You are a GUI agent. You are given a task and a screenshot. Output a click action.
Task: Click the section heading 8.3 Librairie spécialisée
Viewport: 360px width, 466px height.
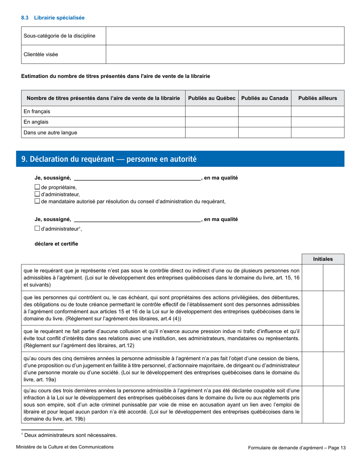pos(53,18)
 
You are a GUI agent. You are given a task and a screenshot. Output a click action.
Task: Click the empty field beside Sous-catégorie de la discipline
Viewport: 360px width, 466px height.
pos(225,36)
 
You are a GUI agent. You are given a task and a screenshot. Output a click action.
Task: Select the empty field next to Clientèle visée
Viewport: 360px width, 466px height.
pos(225,55)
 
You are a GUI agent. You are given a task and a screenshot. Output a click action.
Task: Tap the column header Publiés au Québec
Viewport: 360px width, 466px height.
pos(211,99)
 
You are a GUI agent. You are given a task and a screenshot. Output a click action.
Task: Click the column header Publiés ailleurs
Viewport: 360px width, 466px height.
pos(317,99)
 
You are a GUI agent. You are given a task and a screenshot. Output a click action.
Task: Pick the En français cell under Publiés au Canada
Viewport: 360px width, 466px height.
pos(264,112)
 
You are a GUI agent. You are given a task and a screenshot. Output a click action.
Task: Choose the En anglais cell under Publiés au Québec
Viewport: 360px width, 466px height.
pos(211,122)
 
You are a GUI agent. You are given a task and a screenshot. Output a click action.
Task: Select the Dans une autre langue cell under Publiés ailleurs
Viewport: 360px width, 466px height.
pos(317,133)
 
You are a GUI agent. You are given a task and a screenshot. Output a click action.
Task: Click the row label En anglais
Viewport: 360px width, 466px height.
pos(36,122)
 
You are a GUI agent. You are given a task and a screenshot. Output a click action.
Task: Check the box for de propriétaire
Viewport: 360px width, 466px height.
pos(37,187)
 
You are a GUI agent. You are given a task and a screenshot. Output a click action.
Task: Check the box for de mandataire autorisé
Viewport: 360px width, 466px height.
pos(37,201)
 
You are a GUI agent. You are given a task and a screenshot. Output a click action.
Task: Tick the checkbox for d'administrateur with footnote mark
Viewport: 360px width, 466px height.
pos(37,228)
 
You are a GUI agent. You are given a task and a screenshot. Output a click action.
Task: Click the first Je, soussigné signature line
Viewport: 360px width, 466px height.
pos(137,178)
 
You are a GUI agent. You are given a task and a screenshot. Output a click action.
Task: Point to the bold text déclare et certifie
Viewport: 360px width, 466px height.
pos(56,244)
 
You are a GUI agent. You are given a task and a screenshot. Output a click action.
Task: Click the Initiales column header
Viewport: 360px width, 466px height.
pos(322,259)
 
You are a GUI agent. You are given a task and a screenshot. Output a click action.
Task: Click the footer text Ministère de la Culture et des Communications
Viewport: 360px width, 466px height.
pos(64,447)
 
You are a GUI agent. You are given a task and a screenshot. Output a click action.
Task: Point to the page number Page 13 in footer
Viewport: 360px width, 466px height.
pos(337,448)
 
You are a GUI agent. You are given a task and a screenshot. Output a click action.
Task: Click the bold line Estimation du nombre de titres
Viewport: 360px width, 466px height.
pos(116,76)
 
